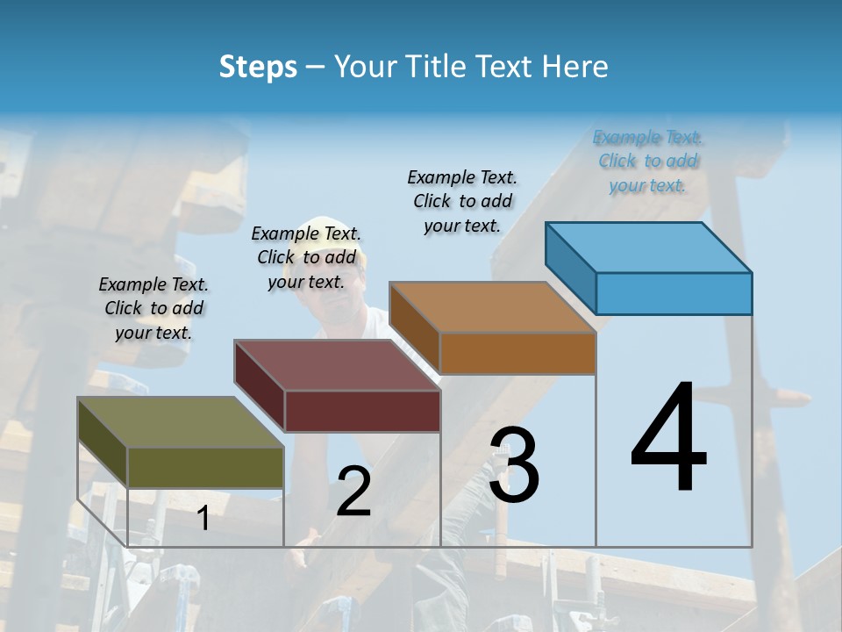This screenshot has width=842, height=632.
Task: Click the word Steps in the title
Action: pos(258,67)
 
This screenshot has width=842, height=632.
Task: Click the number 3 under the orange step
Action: pos(514,465)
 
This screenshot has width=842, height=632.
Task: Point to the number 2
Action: pos(353,492)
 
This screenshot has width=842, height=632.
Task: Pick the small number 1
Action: pos(203,518)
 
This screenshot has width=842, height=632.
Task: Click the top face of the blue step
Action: pos(649,247)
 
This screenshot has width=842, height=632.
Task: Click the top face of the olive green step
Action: pos(181,422)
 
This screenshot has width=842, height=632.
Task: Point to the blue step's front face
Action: pos(674,293)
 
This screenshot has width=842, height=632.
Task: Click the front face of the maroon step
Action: pos(362,411)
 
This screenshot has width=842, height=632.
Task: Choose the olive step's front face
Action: pos(205,467)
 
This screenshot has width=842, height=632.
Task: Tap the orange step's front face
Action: pos(517,353)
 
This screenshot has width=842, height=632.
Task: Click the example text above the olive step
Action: pos(153,308)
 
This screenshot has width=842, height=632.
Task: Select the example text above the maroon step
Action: pos(306,257)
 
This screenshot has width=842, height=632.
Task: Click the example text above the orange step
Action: pos(462,201)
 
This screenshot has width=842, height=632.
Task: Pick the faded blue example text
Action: pos(648,161)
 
